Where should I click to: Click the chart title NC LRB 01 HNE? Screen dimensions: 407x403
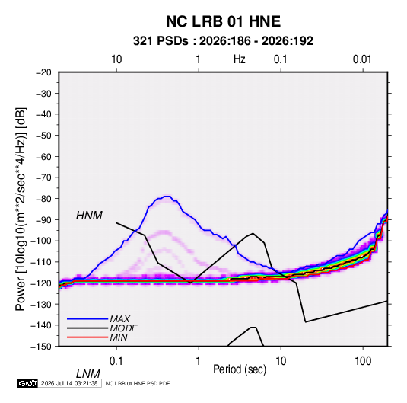(223, 21)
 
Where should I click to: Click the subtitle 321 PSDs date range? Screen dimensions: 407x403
(223, 41)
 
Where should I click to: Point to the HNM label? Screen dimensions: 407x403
(89, 216)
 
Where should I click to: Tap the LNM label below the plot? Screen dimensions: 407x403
(87, 374)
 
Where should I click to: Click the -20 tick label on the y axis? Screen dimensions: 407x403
(43, 72)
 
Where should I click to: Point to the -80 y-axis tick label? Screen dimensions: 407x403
(43, 199)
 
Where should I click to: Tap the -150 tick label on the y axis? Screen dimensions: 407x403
(41, 347)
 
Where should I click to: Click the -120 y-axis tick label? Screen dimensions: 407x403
(41, 283)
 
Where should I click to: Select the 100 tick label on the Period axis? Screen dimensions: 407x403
(363, 361)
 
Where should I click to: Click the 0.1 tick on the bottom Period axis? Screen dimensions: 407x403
(116, 361)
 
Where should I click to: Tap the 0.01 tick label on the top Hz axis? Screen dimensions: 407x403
(362, 59)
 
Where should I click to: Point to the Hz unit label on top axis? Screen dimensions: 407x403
(240, 59)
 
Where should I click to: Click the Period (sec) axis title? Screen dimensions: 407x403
(240, 369)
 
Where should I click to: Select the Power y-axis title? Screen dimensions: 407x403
(21, 209)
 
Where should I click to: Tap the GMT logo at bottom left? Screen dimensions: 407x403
(28, 383)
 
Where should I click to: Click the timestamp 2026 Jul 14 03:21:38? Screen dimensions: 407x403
(69, 383)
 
